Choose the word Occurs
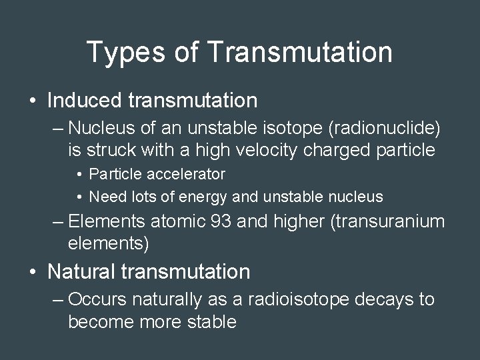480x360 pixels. point(97,299)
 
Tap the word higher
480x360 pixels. point(300,221)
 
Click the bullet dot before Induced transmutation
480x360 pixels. point(33,101)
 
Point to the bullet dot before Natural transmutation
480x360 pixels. point(33,272)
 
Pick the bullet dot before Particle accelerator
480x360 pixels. point(79,175)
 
